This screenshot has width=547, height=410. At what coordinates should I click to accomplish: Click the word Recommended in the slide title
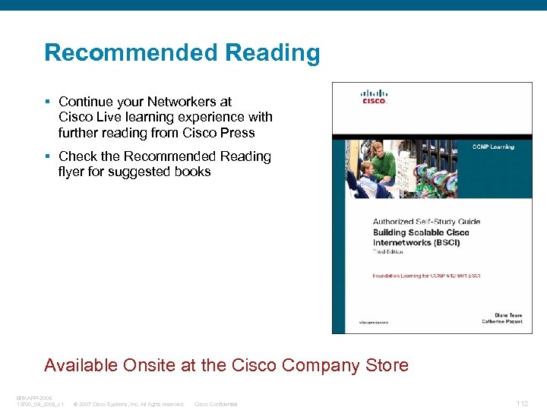point(130,53)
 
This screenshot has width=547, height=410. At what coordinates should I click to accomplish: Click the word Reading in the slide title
point(271,53)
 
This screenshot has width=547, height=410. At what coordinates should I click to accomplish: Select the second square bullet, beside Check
point(47,156)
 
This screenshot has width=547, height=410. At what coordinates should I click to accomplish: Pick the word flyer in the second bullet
point(74,172)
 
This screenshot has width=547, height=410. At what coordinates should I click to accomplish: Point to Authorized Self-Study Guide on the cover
point(426,222)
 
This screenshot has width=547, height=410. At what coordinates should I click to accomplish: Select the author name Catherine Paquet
point(502,321)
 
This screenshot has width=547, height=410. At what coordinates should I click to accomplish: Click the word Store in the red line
point(387,365)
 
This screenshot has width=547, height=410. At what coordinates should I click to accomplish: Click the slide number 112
point(522,404)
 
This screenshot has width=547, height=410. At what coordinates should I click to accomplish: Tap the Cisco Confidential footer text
point(216,404)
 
